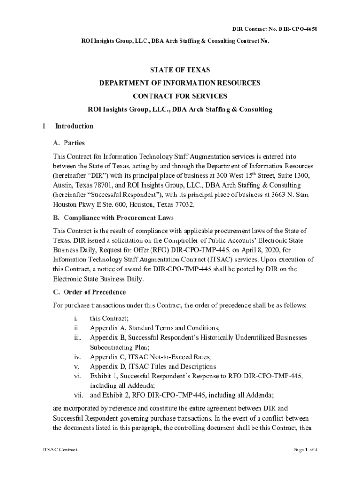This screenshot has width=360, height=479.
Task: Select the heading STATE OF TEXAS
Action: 180,70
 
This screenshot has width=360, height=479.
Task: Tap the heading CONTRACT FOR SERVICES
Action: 180,96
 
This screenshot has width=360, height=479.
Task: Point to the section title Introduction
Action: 74,126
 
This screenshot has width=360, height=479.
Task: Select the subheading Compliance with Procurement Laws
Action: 118,218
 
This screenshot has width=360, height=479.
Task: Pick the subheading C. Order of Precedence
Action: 89,292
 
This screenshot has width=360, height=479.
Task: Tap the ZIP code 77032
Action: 182,205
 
